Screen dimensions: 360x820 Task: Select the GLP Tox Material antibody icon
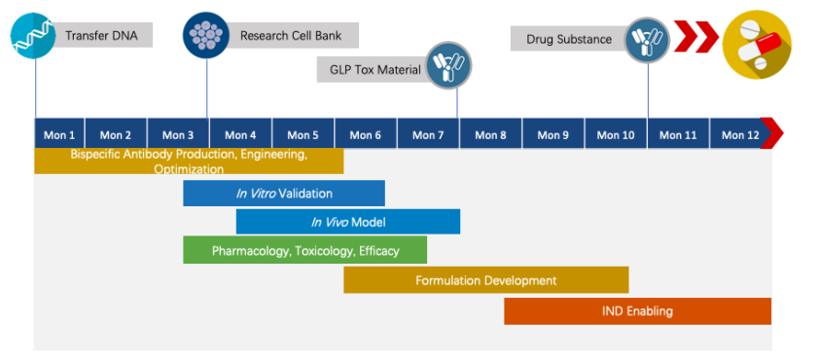[448, 67]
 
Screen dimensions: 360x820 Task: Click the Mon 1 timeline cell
[59, 134]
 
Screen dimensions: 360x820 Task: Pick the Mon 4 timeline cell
[240, 134]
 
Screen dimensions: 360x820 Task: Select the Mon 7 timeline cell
[428, 134]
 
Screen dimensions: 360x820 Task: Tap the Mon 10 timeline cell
[616, 134]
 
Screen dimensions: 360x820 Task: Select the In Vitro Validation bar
[284, 194]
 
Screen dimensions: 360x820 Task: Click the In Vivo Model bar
[347, 222]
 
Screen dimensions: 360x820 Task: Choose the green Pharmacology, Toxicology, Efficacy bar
[304, 250]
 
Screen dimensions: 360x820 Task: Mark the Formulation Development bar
[485, 280]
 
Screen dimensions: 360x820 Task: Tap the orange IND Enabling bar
[637, 311]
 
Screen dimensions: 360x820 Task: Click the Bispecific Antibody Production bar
[189, 161]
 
